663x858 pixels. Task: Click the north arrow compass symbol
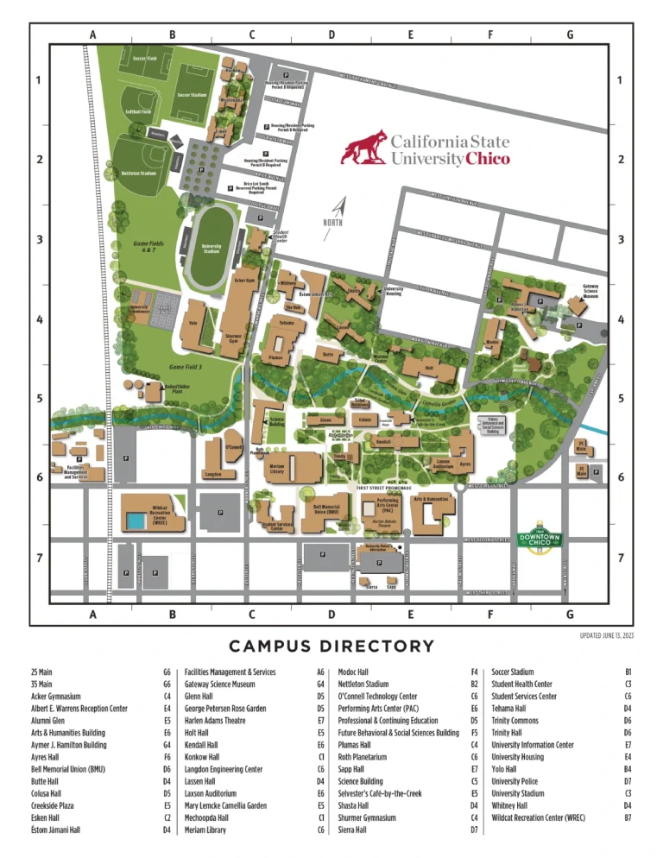pyautogui.click(x=339, y=210)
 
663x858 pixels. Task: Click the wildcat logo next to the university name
pyautogui.click(x=363, y=148)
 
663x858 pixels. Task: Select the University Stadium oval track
pyautogui.click(x=212, y=250)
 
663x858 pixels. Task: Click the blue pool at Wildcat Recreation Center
pyautogui.click(x=135, y=520)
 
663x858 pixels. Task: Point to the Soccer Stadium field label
pyautogui.click(x=193, y=94)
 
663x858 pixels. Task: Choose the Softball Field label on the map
pyautogui.click(x=138, y=111)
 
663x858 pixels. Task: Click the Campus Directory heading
pyautogui.click(x=331, y=646)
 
